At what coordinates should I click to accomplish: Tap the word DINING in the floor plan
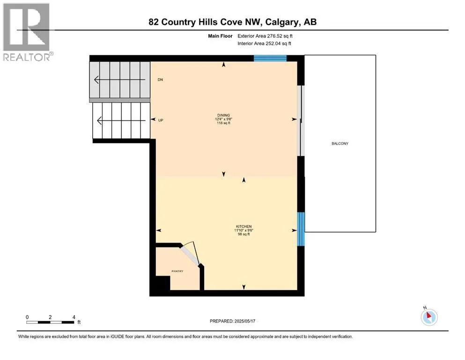(x=223, y=115)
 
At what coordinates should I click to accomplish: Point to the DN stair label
(x=160, y=80)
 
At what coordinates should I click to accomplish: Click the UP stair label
(x=161, y=120)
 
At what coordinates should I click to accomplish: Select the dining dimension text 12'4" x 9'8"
(x=223, y=119)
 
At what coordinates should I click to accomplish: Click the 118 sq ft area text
(x=223, y=123)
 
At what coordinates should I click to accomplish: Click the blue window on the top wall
(x=270, y=58)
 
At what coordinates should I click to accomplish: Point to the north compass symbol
(x=429, y=317)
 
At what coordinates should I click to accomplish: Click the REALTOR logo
(x=27, y=32)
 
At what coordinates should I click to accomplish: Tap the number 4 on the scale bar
(x=74, y=317)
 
